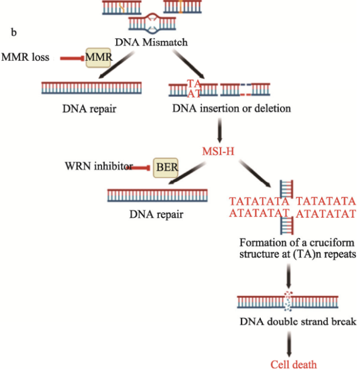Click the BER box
point(166,169)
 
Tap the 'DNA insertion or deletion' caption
point(232,108)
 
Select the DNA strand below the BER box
point(158,195)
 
